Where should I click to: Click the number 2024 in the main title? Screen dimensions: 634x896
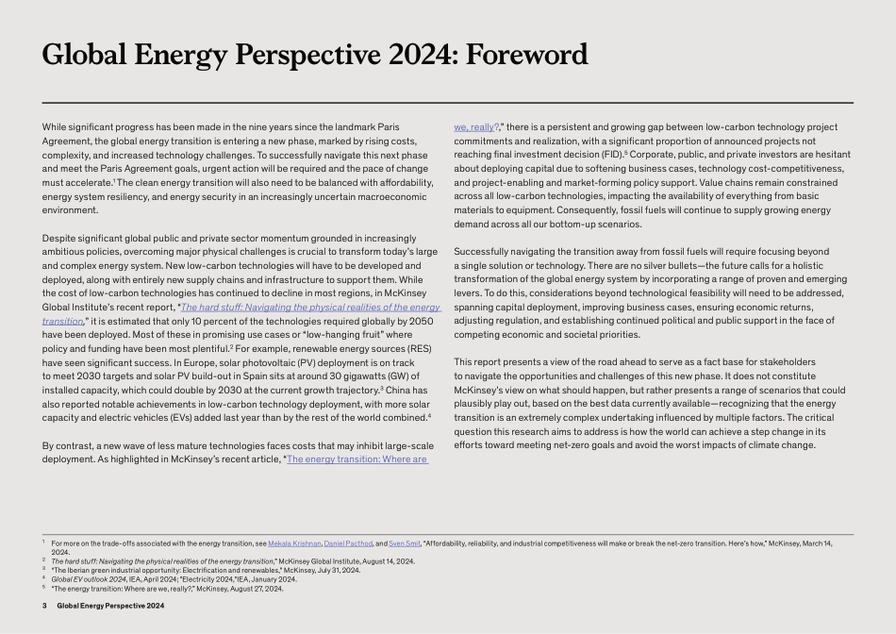point(407,55)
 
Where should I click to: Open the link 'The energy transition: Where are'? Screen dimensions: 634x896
point(357,459)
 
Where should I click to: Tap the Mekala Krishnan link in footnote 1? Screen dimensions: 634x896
point(293,544)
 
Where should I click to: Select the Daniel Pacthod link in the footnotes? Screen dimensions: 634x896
point(348,544)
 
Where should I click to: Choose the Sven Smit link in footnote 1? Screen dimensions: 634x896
point(404,544)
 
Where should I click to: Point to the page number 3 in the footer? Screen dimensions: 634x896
point(44,605)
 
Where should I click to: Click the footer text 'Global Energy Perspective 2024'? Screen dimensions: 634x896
point(110,605)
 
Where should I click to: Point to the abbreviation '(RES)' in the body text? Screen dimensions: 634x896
point(422,348)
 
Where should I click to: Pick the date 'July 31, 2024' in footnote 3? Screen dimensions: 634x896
point(335,570)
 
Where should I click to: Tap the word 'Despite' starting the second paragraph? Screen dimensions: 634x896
point(58,238)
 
